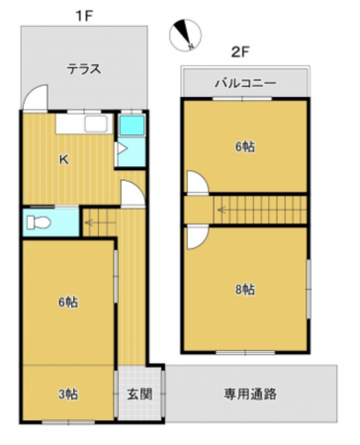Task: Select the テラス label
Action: point(85,68)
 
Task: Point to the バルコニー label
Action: point(245,83)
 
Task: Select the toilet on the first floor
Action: point(40,220)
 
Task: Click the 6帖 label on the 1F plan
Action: point(67,302)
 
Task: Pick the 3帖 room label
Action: point(67,394)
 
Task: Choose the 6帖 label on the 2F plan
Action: point(245,146)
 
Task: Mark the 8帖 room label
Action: point(245,289)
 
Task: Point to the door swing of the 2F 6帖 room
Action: point(196,182)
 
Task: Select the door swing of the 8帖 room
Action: point(196,238)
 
